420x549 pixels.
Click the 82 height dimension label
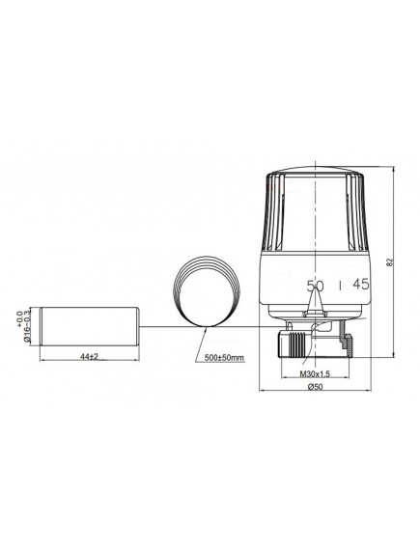(392, 261)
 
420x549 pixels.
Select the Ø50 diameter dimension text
(315, 386)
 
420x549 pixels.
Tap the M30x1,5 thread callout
(315, 373)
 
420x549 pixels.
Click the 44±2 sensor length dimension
(90, 356)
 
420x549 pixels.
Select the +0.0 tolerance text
(19, 319)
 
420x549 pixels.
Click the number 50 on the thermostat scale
(315, 286)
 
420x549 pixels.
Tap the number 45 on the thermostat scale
(360, 285)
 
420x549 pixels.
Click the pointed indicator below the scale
(315, 299)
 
